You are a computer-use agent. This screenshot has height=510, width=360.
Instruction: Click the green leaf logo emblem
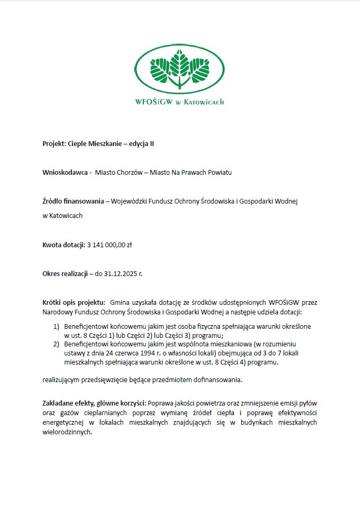coord(179,67)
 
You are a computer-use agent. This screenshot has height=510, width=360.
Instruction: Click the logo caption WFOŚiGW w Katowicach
coord(179,101)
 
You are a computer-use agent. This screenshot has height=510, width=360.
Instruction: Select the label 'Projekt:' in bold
coord(54,144)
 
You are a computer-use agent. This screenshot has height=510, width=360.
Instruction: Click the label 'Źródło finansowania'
coord(73,201)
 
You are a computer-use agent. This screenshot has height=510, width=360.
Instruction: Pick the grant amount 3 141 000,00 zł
coord(109,245)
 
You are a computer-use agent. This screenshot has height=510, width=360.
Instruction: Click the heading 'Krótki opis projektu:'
coord(74,303)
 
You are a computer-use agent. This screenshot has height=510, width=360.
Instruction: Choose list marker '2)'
coord(56,345)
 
